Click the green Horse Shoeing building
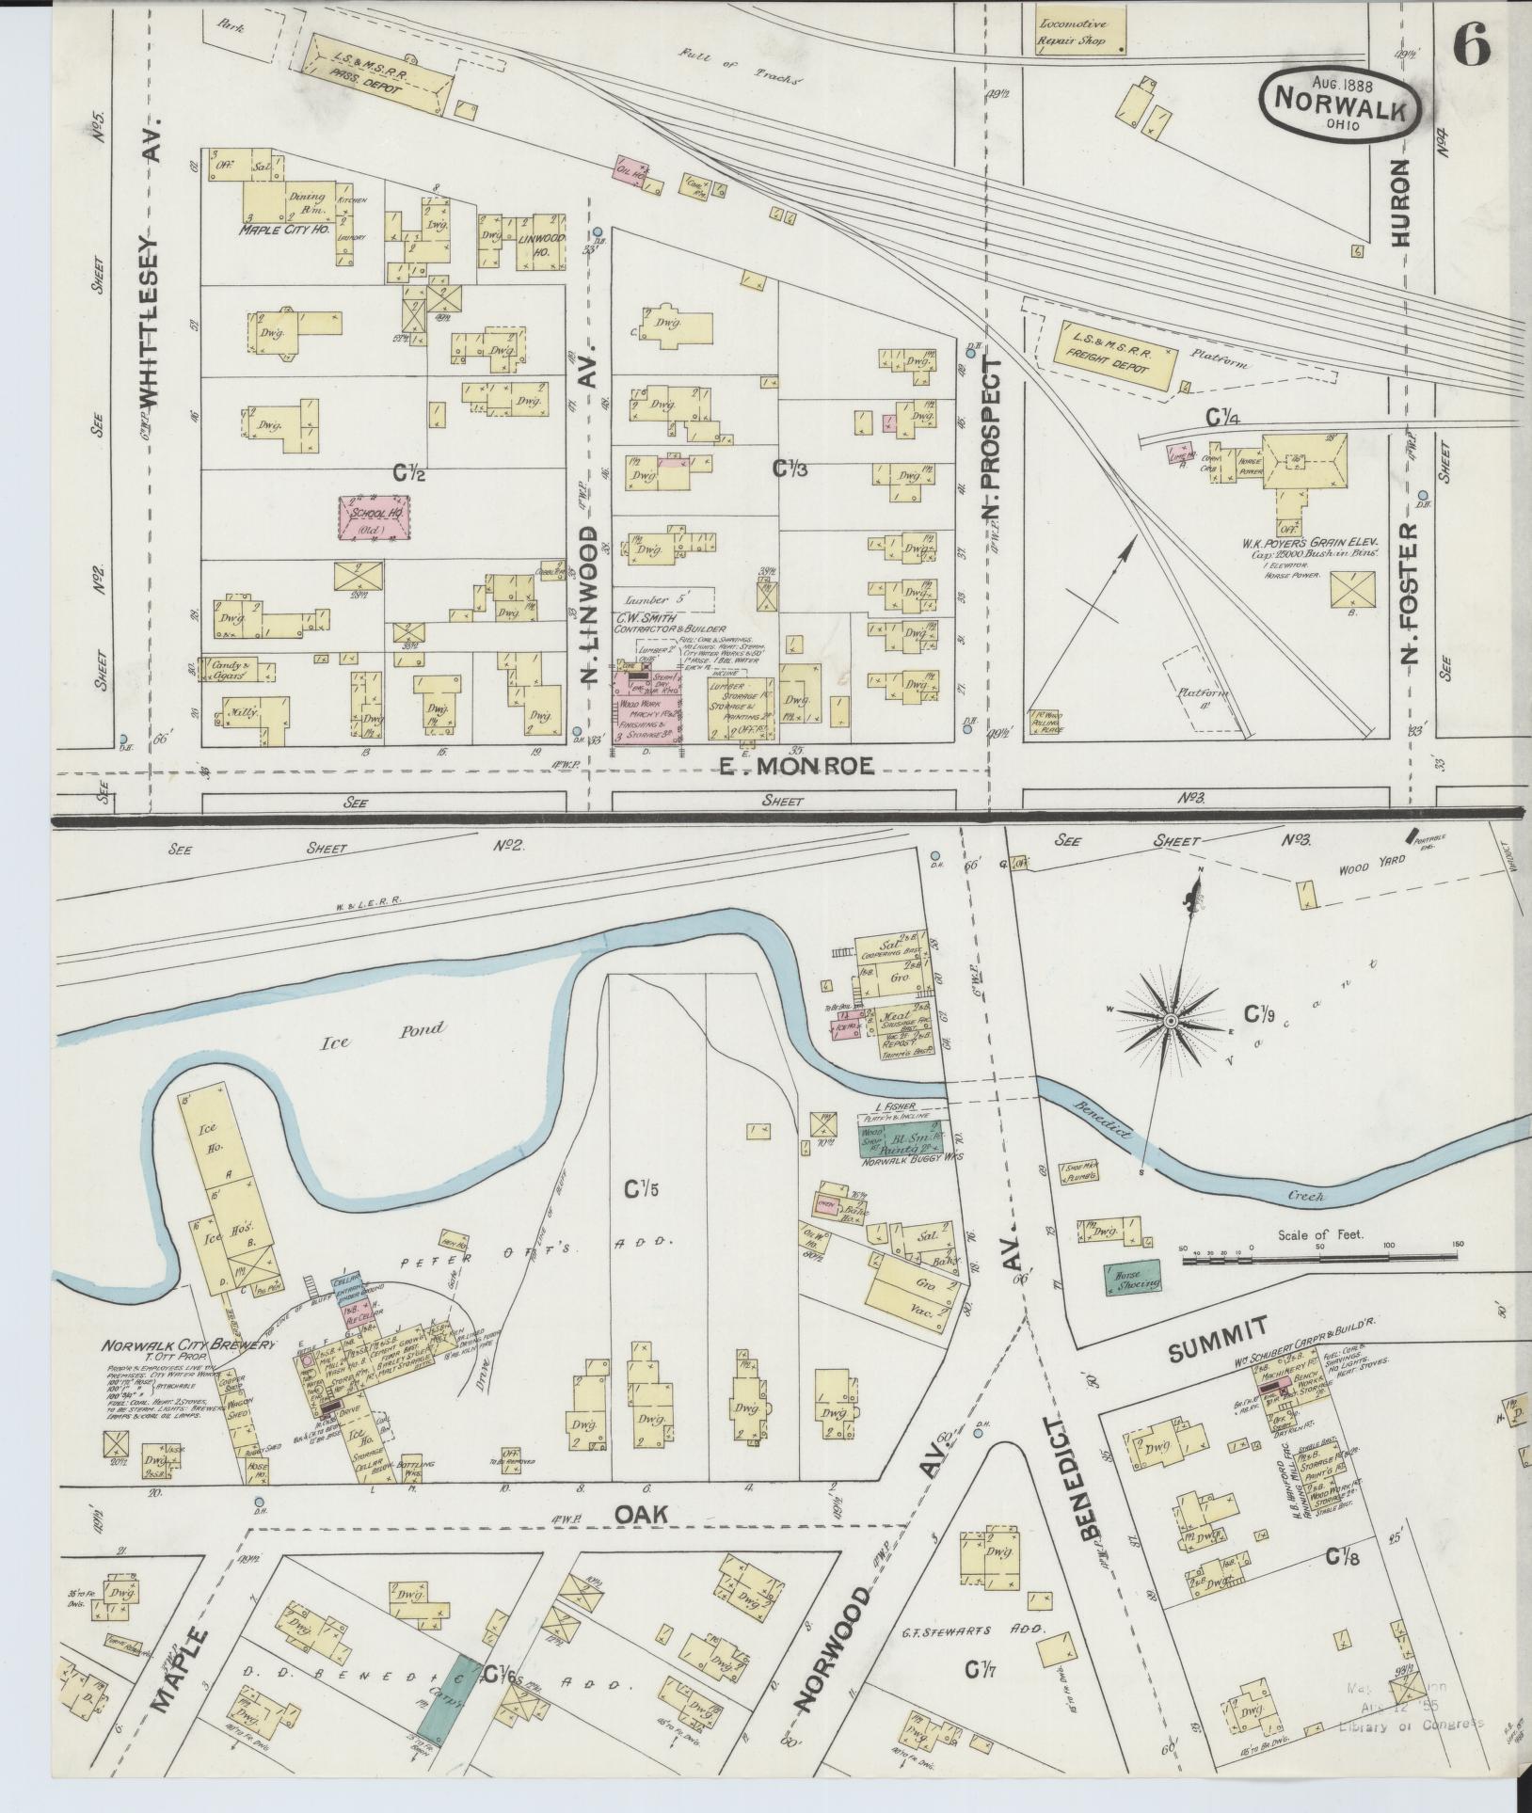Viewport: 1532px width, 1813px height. coord(1132,1278)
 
